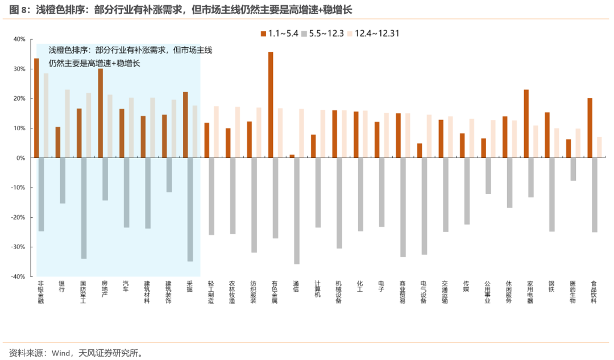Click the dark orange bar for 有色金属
(x=271, y=105)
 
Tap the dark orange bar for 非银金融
(x=36, y=108)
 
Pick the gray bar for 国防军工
(x=84, y=208)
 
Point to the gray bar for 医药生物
(x=573, y=169)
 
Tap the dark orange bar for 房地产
(x=101, y=113)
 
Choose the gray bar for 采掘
(x=190, y=210)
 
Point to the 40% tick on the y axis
(x=19, y=39)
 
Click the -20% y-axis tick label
(x=18, y=217)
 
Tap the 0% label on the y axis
(x=21, y=158)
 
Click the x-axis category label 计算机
(x=318, y=289)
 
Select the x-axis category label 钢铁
(x=551, y=286)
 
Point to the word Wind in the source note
(x=61, y=353)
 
